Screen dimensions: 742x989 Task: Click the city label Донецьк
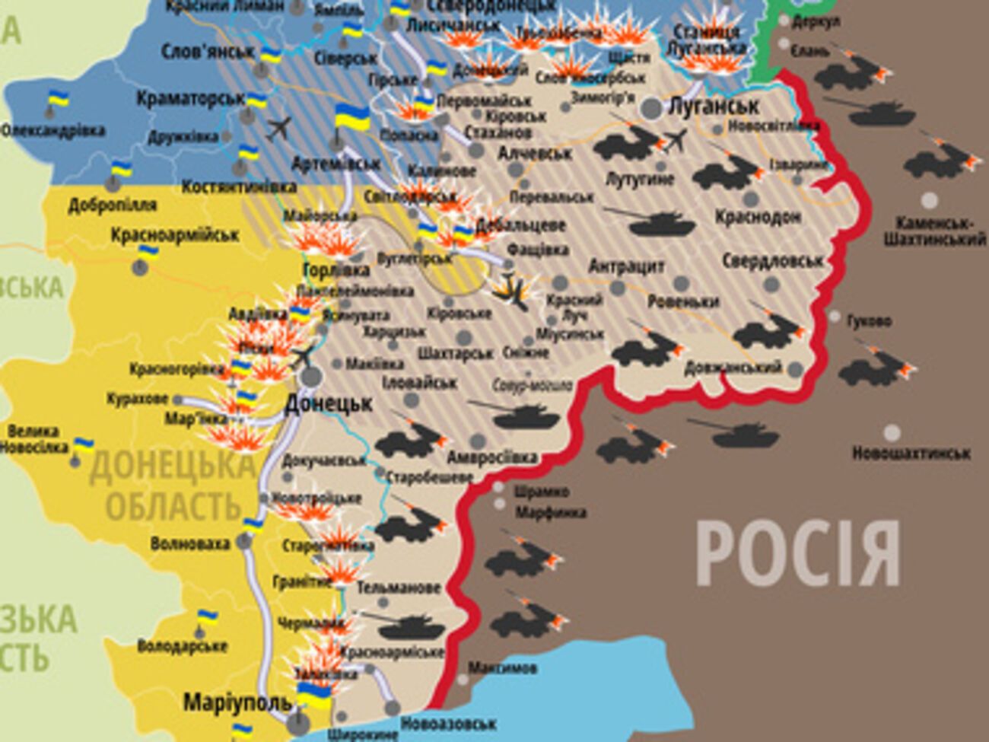[x=328, y=404]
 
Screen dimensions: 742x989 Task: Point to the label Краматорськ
[x=190, y=99]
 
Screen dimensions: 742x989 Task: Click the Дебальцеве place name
[x=520, y=226]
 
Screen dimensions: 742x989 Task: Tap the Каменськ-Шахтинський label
[x=934, y=231]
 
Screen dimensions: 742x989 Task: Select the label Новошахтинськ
[x=911, y=454]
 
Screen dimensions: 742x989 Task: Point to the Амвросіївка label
[x=491, y=458]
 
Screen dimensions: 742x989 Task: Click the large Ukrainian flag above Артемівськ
[x=352, y=118]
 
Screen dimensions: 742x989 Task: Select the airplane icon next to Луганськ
[x=675, y=140]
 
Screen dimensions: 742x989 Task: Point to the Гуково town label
[x=869, y=321]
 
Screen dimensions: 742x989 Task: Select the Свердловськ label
[x=771, y=261]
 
